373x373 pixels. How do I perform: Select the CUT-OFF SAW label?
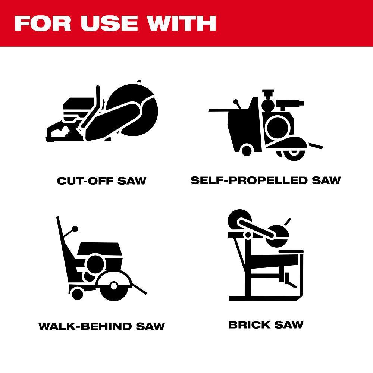101,181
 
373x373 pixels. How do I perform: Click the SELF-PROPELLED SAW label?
266,180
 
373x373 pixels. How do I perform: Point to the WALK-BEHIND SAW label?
101,326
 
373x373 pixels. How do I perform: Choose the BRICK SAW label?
266,325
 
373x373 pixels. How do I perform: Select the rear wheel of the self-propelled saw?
247,150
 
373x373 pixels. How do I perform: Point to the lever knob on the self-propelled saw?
235,101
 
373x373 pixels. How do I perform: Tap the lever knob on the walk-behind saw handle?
75,228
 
